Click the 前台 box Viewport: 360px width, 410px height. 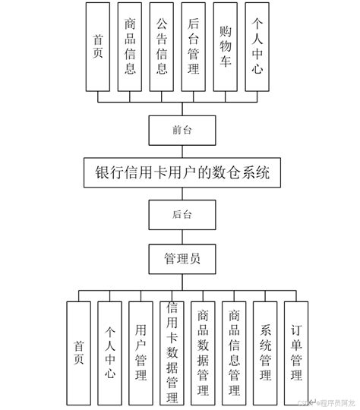tap(180, 130)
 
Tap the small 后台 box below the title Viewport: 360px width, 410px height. tap(180, 216)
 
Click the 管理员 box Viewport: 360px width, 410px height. tap(180, 258)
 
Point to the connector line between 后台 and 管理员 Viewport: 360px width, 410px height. tap(180, 236)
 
